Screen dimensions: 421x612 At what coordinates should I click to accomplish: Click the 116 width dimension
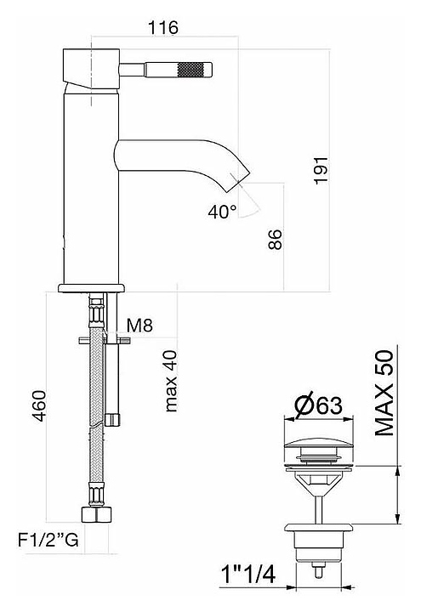click(x=163, y=28)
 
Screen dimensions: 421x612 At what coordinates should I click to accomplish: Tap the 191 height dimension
click(x=321, y=171)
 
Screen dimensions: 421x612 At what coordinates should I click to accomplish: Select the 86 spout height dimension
click(x=275, y=240)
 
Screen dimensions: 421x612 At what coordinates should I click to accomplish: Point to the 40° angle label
click(x=222, y=212)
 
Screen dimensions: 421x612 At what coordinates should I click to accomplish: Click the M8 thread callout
click(x=139, y=325)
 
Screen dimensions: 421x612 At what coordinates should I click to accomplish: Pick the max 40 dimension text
click(x=171, y=381)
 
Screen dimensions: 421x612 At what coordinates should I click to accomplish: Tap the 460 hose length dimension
click(x=39, y=406)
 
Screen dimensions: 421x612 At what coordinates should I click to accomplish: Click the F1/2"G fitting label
click(x=48, y=540)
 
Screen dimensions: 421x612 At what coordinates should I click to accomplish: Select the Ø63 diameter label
click(x=319, y=406)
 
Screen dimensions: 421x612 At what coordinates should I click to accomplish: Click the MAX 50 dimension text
click(x=384, y=393)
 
